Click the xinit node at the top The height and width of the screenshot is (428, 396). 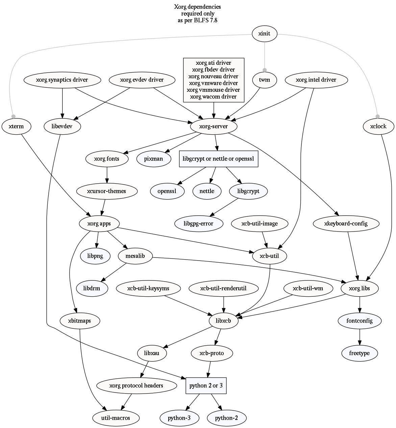click(265, 34)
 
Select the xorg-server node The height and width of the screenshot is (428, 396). click(214, 127)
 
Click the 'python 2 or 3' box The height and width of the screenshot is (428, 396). click(206, 385)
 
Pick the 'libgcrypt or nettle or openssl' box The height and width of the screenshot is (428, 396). click(218, 159)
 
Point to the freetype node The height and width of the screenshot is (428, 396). click(360, 353)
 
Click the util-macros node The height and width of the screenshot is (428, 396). click(111, 418)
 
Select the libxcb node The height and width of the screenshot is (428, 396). click(223, 321)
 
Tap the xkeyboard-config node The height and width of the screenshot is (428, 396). click(346, 223)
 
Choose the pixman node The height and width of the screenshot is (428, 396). click(153, 159)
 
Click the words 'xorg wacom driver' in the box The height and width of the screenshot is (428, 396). click(213, 97)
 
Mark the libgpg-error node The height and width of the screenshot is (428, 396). click(198, 223)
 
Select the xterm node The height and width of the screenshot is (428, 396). click(16, 127)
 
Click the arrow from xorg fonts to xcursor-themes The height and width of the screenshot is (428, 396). click(107, 175)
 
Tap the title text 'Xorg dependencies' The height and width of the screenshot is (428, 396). click(198, 7)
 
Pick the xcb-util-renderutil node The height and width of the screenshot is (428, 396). click(223, 288)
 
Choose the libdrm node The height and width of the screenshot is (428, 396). click(92, 288)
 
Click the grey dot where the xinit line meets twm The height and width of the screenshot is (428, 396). click(265, 70)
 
